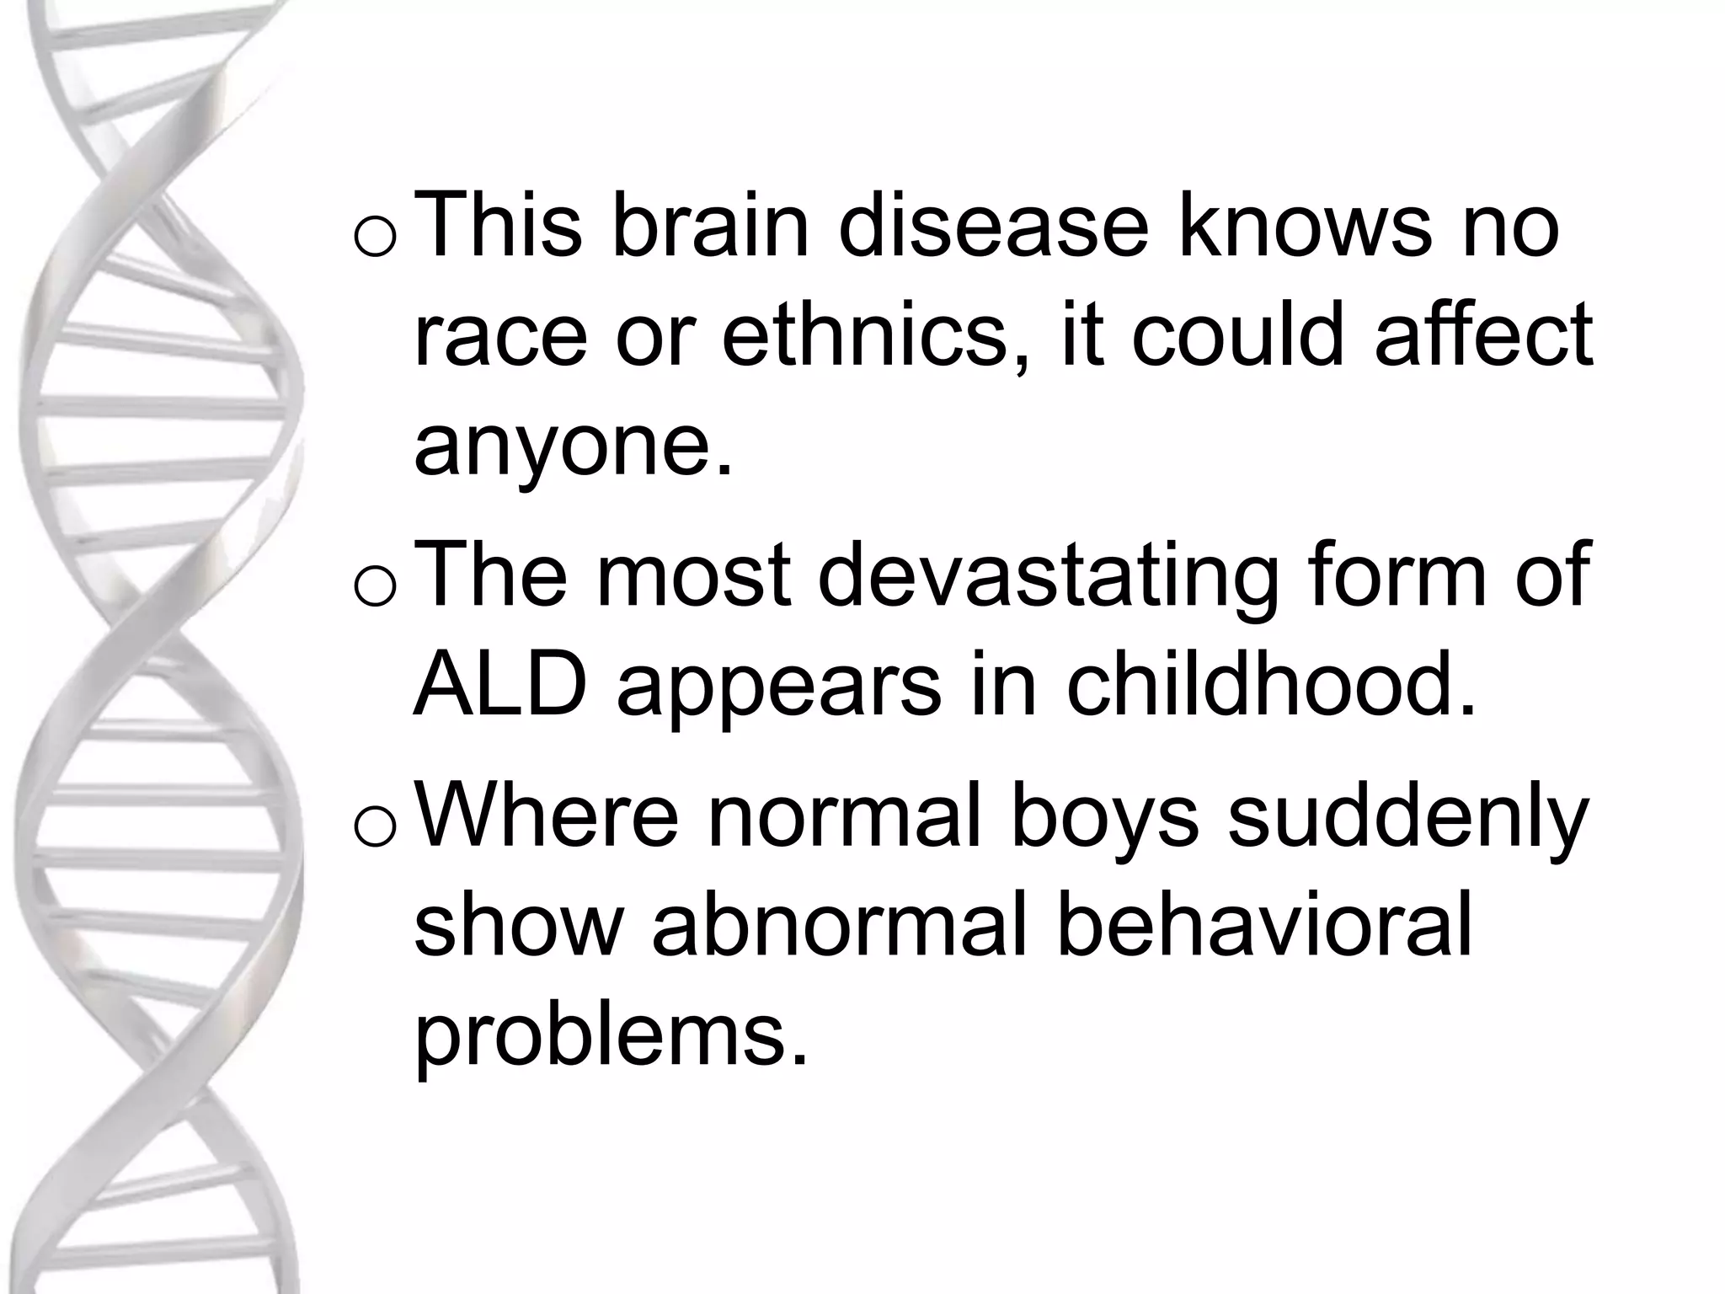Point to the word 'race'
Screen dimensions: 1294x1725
[x=500, y=337]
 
